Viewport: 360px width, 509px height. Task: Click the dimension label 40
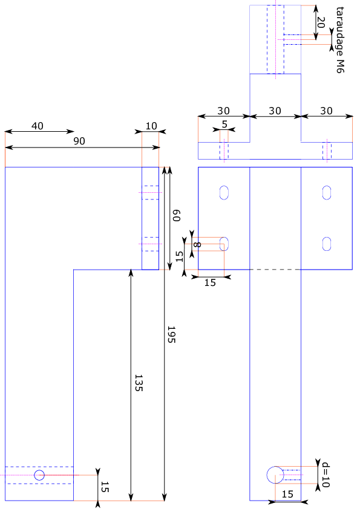click(x=38, y=126)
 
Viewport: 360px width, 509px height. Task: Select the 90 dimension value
click(x=79, y=141)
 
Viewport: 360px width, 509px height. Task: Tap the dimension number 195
click(x=171, y=334)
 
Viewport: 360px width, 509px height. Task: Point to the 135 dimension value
click(x=139, y=383)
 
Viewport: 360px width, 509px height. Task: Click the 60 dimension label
click(x=176, y=216)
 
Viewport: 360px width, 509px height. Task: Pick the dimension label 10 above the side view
click(x=151, y=126)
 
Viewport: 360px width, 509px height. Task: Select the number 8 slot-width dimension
click(x=197, y=245)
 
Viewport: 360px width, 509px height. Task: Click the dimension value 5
click(x=224, y=125)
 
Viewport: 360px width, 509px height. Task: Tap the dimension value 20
click(x=321, y=23)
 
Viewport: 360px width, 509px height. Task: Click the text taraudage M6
click(x=340, y=40)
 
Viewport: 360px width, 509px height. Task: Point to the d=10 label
click(x=326, y=475)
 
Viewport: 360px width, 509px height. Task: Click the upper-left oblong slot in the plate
click(x=224, y=193)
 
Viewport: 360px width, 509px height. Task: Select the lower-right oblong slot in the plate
click(x=327, y=244)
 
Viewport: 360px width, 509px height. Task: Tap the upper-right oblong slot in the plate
click(x=327, y=193)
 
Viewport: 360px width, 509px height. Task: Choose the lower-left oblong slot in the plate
click(x=224, y=244)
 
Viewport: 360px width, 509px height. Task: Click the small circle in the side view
click(x=39, y=475)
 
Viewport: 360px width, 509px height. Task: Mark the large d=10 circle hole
click(x=275, y=475)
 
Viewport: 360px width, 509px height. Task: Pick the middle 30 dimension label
click(x=275, y=111)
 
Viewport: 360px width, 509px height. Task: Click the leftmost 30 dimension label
click(x=223, y=111)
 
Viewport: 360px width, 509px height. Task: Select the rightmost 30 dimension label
click(x=327, y=111)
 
